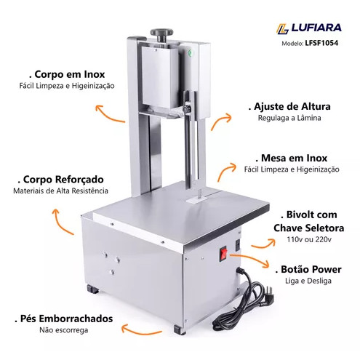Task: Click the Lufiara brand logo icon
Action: pos(282,29)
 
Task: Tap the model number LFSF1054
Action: pos(321,43)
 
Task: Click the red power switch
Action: pos(223,253)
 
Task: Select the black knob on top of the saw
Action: pos(161,34)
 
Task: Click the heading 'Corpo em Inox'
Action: pos(67,74)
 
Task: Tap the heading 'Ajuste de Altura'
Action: pos(289,106)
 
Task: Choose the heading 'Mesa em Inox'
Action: pos(292,158)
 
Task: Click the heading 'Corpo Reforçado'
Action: pos(61,180)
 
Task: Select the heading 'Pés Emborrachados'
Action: pos(64,319)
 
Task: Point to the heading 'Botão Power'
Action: pos(308,269)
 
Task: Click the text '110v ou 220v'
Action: pos(309,239)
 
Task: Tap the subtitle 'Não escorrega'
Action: pos(64,330)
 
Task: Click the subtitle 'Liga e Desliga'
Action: pos(308,281)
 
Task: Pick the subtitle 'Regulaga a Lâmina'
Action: pos(289,118)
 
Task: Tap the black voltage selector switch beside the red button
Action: pos(238,245)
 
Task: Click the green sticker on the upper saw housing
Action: pos(190,52)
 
